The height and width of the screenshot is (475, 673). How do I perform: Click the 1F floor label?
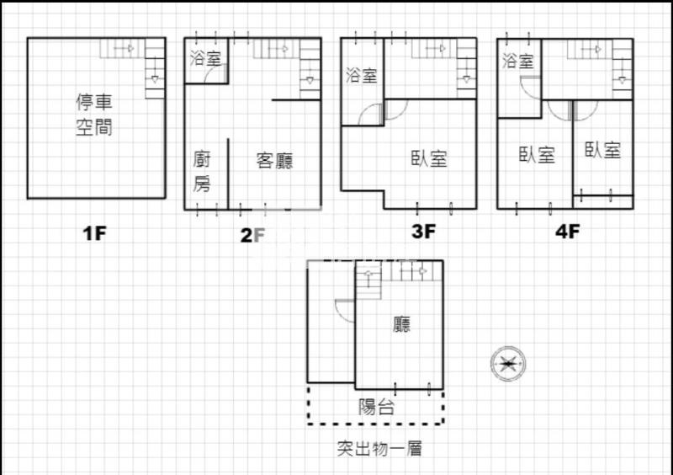pyautogui.click(x=94, y=233)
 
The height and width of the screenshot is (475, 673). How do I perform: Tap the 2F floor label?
pyautogui.click(x=252, y=235)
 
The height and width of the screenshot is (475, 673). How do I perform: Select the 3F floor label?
pyautogui.click(x=423, y=232)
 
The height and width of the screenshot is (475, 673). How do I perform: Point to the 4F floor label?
pyautogui.click(x=567, y=232)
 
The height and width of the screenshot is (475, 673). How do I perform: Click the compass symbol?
pyautogui.click(x=508, y=364)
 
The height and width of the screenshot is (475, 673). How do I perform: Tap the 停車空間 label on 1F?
pyautogui.click(x=94, y=115)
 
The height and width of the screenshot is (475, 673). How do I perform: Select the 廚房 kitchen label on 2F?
pyautogui.click(x=202, y=172)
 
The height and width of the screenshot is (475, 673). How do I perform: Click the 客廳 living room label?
pyautogui.click(x=275, y=161)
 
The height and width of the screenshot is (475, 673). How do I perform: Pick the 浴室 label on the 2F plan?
pyautogui.click(x=205, y=58)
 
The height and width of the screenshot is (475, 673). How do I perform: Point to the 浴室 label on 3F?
pyautogui.click(x=362, y=76)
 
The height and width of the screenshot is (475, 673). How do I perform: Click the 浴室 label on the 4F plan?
pyautogui.click(x=518, y=61)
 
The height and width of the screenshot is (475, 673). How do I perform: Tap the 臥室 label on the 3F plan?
pyautogui.click(x=429, y=158)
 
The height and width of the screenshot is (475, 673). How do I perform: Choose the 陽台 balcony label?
pyautogui.click(x=376, y=407)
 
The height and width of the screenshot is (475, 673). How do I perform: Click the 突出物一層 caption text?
pyautogui.click(x=379, y=449)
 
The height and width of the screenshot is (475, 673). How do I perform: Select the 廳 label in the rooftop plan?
pyautogui.click(x=402, y=324)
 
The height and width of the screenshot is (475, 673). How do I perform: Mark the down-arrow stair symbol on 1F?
pyautogui.click(x=155, y=79)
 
